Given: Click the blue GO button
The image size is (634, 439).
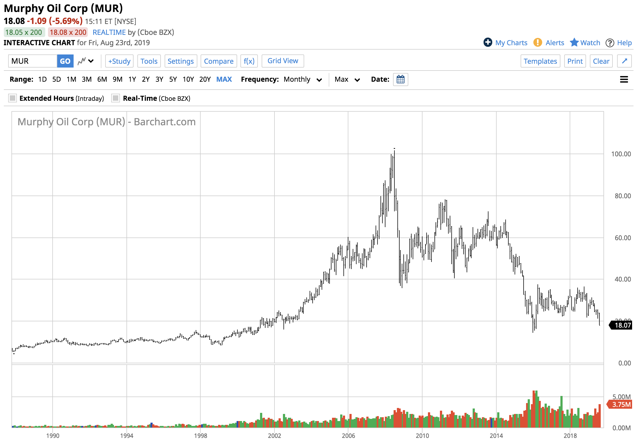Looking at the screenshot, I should coord(65,61).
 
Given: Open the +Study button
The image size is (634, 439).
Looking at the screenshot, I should coord(119,61).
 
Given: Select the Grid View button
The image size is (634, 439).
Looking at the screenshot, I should coord(282,61).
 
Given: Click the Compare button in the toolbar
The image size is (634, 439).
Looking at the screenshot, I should coord(218,61).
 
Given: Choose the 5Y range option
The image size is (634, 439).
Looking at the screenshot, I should coord(173,80).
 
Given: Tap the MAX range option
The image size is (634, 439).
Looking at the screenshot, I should coord(224,80).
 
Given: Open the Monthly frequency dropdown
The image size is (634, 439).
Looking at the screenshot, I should coord(303,80).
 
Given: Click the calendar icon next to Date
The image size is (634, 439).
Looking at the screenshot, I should coord(400,80).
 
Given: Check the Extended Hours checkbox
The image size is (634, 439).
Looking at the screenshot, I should coord(13,98).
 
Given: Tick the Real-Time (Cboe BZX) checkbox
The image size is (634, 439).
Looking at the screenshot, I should coord(116,98).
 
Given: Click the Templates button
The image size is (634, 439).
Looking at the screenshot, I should coord(540,61).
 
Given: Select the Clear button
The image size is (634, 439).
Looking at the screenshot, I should coord(601,61).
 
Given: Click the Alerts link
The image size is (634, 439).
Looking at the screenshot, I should coord(554,43).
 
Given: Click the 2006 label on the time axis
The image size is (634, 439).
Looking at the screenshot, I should coord(348,435).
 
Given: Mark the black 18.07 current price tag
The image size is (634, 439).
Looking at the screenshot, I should coord(622,325).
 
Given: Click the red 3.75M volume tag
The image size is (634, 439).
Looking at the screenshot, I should coord(621,405).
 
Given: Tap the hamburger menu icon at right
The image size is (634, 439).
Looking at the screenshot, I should coord(624,80).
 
